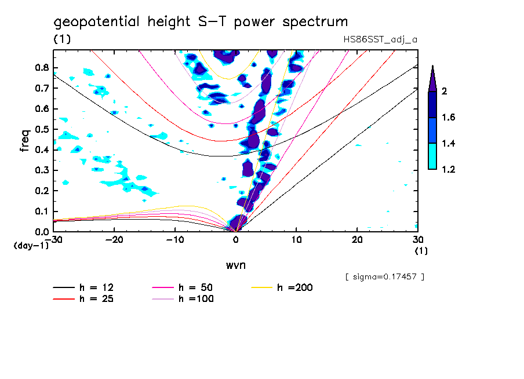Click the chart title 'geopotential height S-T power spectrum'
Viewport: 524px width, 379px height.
[201, 22]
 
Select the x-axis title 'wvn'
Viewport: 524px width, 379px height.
[235, 264]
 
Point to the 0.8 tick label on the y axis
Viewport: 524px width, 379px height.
[41, 67]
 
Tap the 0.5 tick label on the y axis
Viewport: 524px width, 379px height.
[41, 129]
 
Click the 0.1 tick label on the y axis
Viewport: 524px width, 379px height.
[41, 211]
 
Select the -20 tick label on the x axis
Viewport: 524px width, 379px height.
[114, 240]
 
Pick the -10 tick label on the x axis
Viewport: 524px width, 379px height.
[175, 240]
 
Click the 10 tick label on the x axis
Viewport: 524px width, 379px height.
[296, 240]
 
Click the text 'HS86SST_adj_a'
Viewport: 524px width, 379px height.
[380, 39]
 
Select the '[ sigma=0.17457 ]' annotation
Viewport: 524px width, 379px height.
[384, 277]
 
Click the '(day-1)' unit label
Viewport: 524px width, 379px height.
[31, 246]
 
